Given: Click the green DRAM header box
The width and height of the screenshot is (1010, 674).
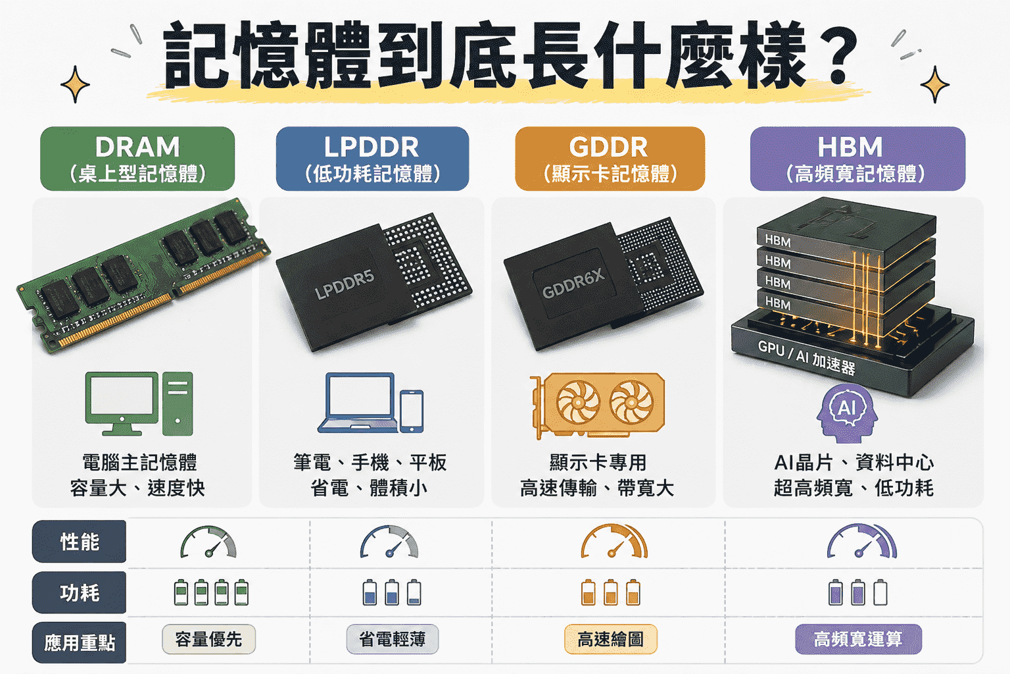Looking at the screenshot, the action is pos(137,159).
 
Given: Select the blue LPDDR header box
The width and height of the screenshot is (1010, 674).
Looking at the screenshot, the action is pos(372,159).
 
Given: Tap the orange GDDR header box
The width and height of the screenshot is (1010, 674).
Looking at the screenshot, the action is pos(610,159).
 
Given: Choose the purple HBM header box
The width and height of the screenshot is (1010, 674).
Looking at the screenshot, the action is pos(857,159).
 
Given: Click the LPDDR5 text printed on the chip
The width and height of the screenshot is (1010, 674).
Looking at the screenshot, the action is pos(345,285).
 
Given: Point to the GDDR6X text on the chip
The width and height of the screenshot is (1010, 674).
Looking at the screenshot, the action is pos(573,284).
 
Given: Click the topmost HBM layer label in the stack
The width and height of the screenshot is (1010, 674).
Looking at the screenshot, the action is pos(778,241).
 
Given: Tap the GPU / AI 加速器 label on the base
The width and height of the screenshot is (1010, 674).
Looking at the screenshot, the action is pos(807,357).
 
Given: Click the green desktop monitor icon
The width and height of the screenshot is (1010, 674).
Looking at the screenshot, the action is pos(122,403).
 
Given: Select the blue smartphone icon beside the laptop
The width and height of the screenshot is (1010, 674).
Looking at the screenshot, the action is pos(412,411).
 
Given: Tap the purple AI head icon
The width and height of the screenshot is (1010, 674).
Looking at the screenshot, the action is pos(847,413).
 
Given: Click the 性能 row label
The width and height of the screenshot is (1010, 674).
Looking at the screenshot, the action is pos(80,541).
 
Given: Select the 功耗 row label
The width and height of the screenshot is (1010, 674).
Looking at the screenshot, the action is pos(80,592).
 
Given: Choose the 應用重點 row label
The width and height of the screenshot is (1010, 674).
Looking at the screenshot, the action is pos(80,642).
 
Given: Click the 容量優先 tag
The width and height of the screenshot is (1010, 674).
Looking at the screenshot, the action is pos(208,639).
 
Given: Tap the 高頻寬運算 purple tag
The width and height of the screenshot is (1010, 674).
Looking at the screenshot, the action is pos(858,639).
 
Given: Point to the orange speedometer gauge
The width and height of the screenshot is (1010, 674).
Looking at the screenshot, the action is pos(613,541).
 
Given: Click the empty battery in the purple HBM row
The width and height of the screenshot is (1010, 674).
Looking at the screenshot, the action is pos(880,592).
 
